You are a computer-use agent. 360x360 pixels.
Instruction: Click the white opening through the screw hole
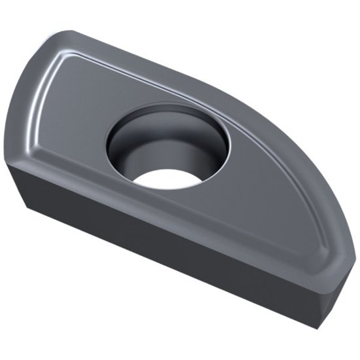coord(168,178)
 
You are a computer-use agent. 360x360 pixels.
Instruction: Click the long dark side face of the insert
coord(164,262)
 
